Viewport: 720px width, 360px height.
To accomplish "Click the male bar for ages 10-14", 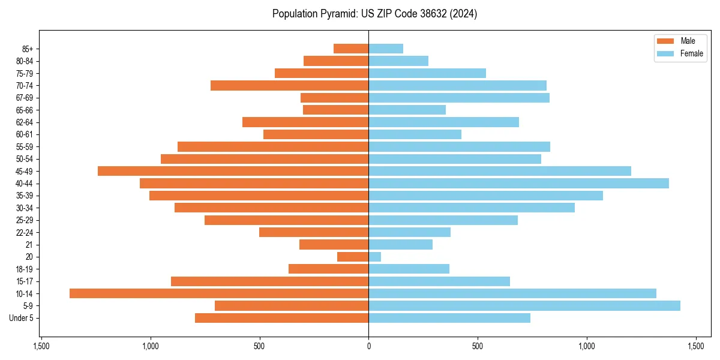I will pos(219,293).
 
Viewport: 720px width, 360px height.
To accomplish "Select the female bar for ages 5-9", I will pos(524,305).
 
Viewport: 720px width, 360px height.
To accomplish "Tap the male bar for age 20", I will pos(353,257).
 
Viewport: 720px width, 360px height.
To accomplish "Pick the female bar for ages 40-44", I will pos(518,183).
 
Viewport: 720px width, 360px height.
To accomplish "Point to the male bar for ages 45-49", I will pos(233,171).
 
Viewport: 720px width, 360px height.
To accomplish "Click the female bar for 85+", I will pos(386,49).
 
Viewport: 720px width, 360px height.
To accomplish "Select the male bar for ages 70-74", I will pos(289,85).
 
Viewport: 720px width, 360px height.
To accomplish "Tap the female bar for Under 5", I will pos(449,318).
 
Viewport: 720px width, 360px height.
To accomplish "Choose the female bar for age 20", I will pos(374,257).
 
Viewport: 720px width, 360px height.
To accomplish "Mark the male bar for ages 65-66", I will pos(335,110).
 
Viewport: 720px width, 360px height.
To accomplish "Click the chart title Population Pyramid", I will pos(374,14).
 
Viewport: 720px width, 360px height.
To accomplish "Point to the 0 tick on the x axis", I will pos(368,346).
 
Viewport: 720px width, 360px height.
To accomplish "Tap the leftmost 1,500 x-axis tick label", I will pos(41,346).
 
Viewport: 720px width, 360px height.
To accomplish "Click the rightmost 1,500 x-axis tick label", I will pos(696,346).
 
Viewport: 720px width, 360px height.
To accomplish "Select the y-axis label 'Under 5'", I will pos(21,318).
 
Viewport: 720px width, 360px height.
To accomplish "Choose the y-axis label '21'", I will pos(29,245).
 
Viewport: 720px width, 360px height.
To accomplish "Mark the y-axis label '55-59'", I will pos(25,146).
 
